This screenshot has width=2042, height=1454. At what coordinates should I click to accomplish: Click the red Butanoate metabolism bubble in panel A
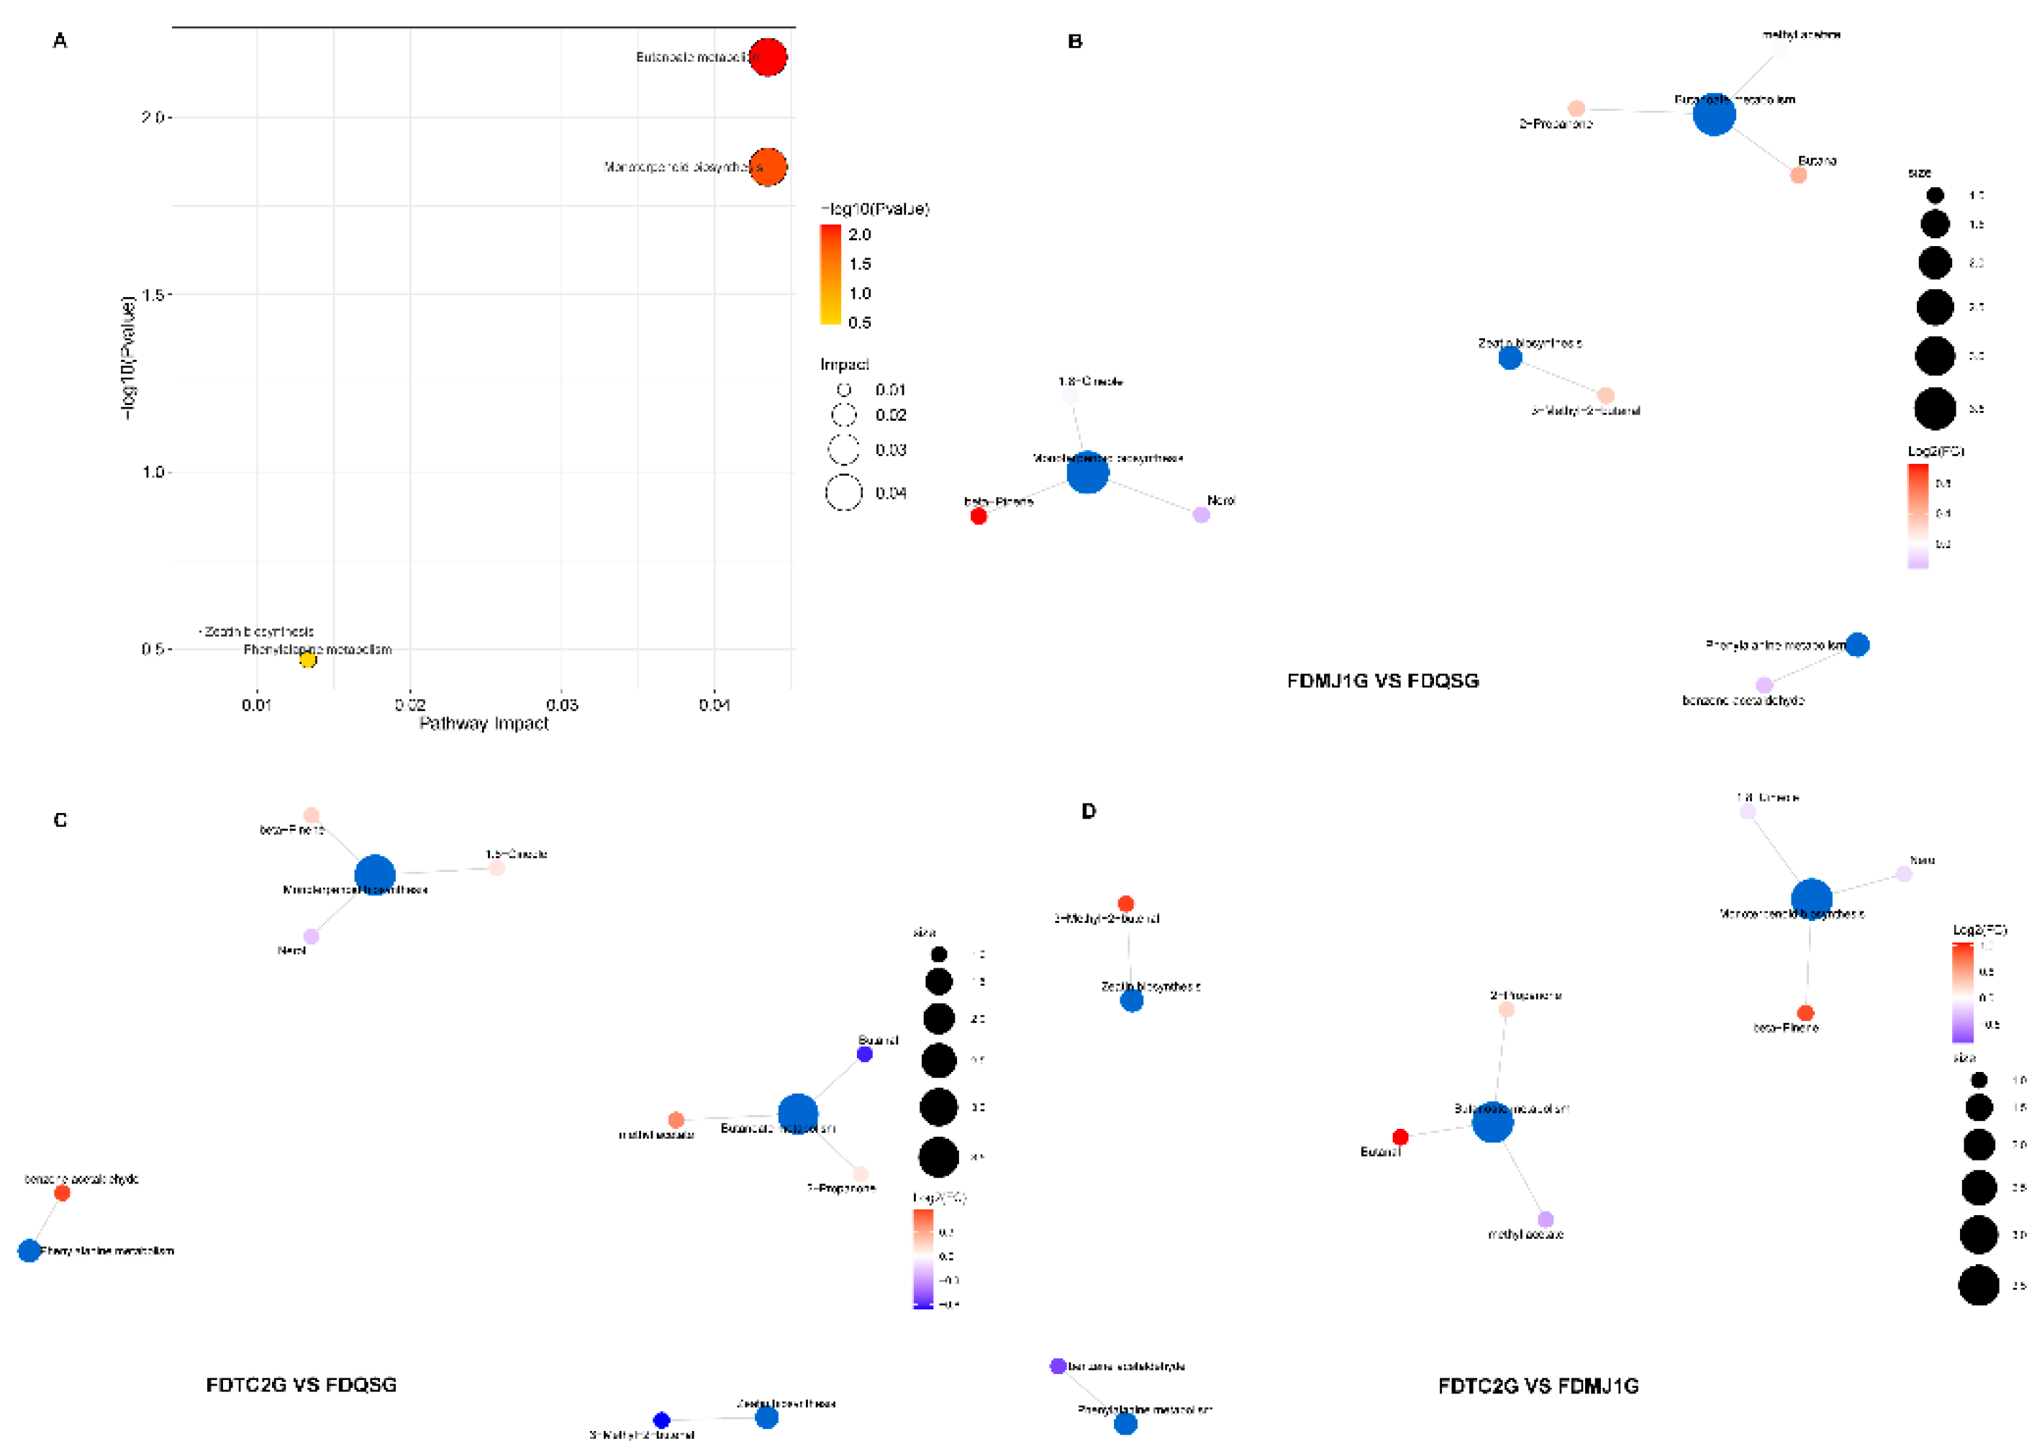point(767,58)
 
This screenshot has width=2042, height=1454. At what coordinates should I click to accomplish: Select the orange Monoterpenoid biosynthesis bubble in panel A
point(767,166)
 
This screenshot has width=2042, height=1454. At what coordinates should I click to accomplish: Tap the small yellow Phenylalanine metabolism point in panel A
point(307,660)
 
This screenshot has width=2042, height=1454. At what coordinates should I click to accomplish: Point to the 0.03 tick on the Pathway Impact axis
point(561,704)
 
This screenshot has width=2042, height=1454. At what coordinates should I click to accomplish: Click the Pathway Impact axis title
point(484,724)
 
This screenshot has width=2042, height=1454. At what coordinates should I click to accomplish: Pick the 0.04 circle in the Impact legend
point(843,492)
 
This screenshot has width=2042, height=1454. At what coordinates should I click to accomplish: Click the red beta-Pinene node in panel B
point(979,516)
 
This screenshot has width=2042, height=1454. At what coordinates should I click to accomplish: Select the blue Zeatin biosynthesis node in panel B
point(1510,358)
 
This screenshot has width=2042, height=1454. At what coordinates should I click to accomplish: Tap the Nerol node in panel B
point(1202,515)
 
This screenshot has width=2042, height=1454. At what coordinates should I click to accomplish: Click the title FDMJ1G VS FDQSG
point(1382,681)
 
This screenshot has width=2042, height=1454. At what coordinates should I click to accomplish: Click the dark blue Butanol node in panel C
point(864,1055)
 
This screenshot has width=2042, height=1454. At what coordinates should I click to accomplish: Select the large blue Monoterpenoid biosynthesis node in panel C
point(375,875)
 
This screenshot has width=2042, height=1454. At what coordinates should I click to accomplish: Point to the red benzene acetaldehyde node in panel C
point(62,1193)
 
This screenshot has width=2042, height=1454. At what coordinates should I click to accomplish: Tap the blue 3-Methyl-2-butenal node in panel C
point(661,1420)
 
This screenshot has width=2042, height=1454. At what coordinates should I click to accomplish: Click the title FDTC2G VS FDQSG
point(301,1384)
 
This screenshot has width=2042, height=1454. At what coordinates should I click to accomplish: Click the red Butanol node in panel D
point(1400,1137)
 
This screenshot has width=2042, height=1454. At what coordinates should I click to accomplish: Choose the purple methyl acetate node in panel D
point(1545,1219)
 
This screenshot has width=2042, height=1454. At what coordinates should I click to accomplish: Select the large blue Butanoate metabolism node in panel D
point(1492,1122)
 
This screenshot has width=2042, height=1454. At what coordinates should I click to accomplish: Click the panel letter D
point(1088,811)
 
